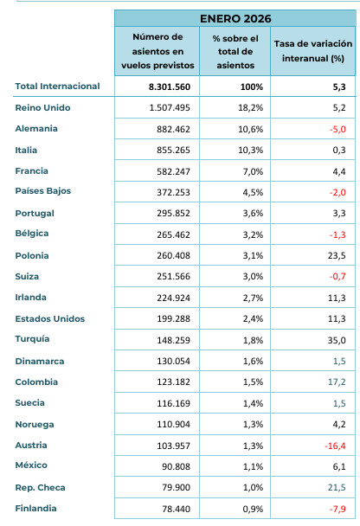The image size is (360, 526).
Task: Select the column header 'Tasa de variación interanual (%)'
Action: pyautogui.click(x=313, y=50)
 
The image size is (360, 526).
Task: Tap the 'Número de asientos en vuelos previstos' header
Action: pyautogui.click(x=157, y=50)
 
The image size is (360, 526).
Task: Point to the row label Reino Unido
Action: pyautogui.click(x=43, y=107)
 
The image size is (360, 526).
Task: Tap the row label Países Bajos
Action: pyautogui.click(x=43, y=191)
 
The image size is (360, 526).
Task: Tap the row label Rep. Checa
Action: pyautogui.click(x=40, y=487)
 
